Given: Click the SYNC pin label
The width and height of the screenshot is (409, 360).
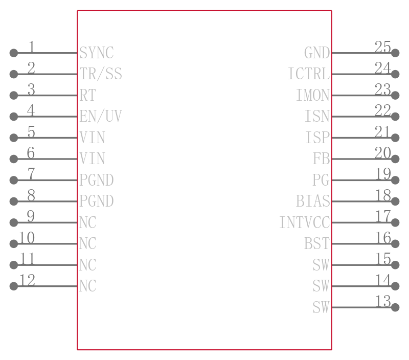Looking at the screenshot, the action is click(97, 53).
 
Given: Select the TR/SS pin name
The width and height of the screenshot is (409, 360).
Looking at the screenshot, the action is click(101, 74).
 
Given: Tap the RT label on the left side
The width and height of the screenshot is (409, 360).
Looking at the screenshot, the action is click(87, 95).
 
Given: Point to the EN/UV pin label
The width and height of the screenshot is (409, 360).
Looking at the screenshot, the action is click(101, 116).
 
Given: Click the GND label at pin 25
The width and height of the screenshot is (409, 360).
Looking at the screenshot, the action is click(317, 53).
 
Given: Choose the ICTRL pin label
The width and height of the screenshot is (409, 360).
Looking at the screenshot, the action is click(309, 74).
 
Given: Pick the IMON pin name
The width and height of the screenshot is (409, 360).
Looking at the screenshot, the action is click(313, 95).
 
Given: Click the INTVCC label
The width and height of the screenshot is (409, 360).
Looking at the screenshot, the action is click(305, 222).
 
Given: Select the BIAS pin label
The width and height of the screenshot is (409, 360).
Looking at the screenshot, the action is click(313, 201).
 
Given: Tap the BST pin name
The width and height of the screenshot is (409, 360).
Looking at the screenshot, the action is click(317, 243).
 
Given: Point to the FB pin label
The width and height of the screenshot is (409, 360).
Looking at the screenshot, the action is click(322, 159).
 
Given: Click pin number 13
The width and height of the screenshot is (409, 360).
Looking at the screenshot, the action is click(383, 301).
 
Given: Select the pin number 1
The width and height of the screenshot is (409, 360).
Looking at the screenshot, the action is click(31, 47).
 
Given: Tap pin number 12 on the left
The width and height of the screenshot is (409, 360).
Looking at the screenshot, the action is click(27, 280).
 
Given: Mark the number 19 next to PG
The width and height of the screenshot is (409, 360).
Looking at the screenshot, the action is click(383, 174).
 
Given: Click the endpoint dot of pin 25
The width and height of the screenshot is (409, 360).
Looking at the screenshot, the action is click(395, 53).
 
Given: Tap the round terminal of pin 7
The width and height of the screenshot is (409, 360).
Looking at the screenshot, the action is click(14, 180).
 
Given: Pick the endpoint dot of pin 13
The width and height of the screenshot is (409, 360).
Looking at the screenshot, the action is click(395, 307).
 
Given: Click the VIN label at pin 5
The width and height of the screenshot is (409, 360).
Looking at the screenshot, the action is click(93, 138).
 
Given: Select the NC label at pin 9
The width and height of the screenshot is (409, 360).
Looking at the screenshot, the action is click(87, 222).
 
